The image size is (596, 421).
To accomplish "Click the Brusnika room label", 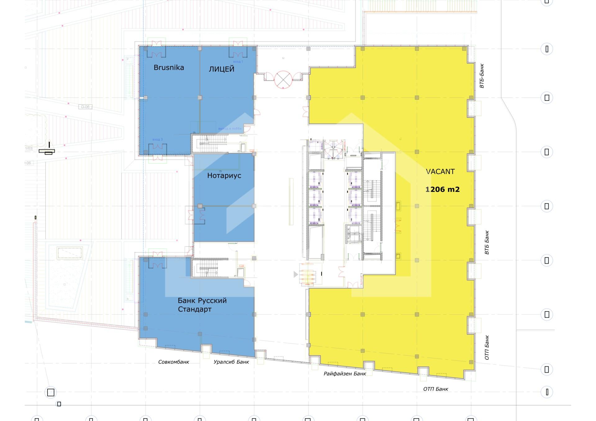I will [x=169, y=68].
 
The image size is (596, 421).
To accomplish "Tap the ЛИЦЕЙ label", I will [x=221, y=69].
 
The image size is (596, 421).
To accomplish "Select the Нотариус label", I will [x=224, y=176].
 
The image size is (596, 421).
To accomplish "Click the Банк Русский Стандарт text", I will [x=202, y=305].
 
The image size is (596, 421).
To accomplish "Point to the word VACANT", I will [x=440, y=172].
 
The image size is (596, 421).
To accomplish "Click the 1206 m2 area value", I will [x=442, y=189].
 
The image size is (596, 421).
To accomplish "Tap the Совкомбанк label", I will [x=174, y=362].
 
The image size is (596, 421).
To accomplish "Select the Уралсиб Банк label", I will [x=231, y=362].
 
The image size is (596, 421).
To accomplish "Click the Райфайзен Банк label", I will [x=345, y=374].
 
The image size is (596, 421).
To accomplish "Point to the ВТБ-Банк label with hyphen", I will [x=482, y=76].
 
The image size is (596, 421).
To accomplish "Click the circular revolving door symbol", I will [x=283, y=80].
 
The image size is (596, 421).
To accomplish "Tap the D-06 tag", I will [x=85, y=107].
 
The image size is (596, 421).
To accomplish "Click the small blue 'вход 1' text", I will [x=238, y=62].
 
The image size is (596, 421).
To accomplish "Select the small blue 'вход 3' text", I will [x=157, y=140].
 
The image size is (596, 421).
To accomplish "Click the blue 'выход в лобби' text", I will [x=230, y=128].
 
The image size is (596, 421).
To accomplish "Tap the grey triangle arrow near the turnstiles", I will [x=296, y=274].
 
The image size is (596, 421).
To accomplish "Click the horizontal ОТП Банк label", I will [x=436, y=389].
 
